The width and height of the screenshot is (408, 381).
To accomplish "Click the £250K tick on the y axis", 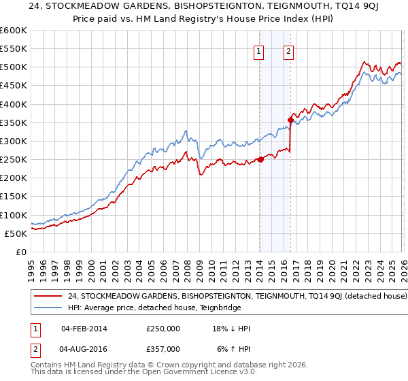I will pyautogui.click(x=13, y=159).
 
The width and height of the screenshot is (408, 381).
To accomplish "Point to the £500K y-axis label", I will pyautogui.click(x=13, y=67).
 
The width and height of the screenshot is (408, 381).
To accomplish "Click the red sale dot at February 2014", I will pyautogui.click(x=260, y=160).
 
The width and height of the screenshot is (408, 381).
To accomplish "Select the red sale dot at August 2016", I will pyautogui.click(x=290, y=120).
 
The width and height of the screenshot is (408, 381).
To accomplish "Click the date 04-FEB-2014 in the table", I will pyautogui.click(x=84, y=329).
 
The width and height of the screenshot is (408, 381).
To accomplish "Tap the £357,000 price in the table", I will pyautogui.click(x=163, y=348).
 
